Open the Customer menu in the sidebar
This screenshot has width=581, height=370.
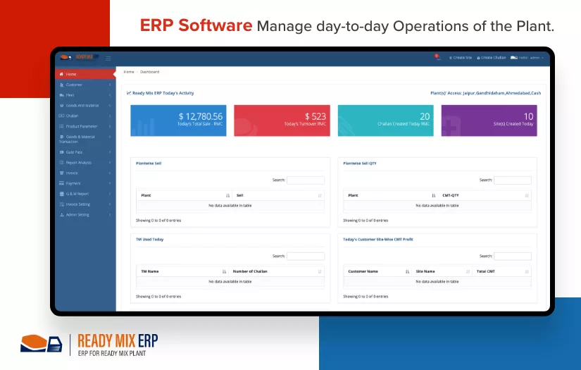(x=74, y=85)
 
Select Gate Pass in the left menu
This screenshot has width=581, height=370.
(x=74, y=152)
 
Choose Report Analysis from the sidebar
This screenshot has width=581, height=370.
(x=78, y=163)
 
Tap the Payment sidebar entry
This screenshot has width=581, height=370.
(x=73, y=183)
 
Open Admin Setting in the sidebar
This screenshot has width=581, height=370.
(x=77, y=215)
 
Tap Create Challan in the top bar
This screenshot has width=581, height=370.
(x=492, y=58)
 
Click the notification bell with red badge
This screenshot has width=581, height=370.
(x=437, y=56)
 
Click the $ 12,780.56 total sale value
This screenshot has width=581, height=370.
(x=201, y=116)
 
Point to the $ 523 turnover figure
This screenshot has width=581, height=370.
(x=316, y=116)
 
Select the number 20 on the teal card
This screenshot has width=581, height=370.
(x=425, y=116)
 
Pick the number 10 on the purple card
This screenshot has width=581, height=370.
(x=528, y=116)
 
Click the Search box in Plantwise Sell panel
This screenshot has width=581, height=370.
(x=306, y=180)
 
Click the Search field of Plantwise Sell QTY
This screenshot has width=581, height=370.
(x=513, y=180)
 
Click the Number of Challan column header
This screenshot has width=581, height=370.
(x=250, y=271)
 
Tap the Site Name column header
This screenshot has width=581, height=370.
(x=425, y=271)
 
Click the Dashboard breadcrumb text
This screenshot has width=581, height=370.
(x=149, y=72)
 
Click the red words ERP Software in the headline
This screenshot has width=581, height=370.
(x=196, y=26)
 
